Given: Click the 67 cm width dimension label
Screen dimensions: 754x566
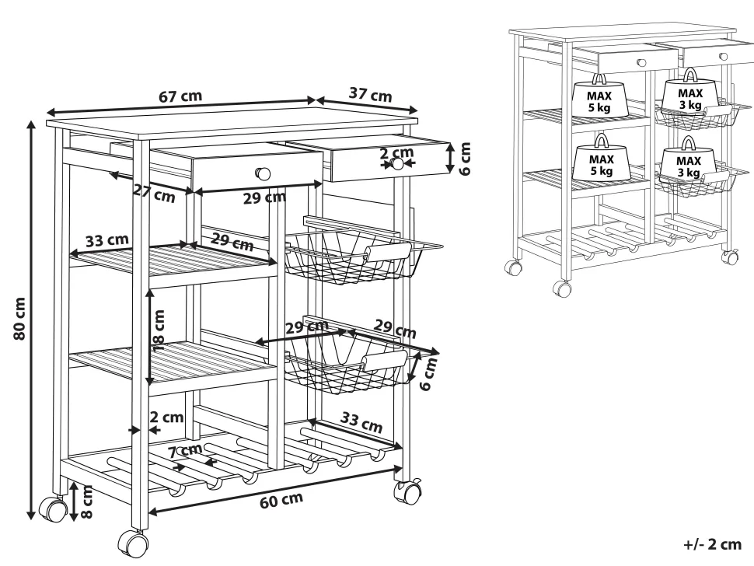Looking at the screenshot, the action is pos(180,96).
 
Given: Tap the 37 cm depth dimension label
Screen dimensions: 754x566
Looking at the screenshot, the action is pos(370,94).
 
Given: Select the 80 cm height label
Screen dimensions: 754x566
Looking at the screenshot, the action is pos(19,318).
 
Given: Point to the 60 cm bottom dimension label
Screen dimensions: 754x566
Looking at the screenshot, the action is pos(281,500).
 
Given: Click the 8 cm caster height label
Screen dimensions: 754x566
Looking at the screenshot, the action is pos(86,501).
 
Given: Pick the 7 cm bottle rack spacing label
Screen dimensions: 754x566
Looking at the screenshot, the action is pos(186,451).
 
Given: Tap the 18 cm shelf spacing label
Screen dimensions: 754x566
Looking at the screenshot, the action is pos(159,330).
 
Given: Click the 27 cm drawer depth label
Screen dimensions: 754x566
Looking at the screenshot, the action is pos(154,194).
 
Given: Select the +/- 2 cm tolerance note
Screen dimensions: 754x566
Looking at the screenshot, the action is pos(712,544).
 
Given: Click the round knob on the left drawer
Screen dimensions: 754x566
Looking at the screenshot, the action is pos(263,173).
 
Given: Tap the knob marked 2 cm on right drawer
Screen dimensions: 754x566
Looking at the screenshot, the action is pos(397,163).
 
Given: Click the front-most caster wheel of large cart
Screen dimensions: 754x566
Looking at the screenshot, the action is pos(133,544).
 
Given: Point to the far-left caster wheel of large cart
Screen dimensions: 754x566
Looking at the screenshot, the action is pos(52,508).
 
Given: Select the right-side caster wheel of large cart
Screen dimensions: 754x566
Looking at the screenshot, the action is pos(407,492).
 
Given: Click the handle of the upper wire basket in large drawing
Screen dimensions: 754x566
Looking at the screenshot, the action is pos(388,251).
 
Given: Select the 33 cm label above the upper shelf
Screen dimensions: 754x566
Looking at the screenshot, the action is pos(107,240).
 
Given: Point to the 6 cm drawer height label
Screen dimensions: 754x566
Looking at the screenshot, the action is pos(465,159).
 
